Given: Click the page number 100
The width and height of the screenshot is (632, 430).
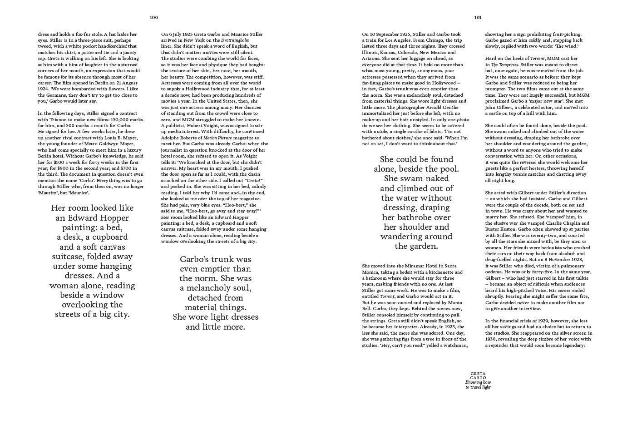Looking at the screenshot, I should (154, 18).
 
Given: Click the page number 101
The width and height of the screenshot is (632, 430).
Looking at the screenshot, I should (478, 18).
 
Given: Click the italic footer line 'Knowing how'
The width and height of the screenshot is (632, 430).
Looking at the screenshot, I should (478, 382).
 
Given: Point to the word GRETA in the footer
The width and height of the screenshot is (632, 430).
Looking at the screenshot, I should (478, 374).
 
